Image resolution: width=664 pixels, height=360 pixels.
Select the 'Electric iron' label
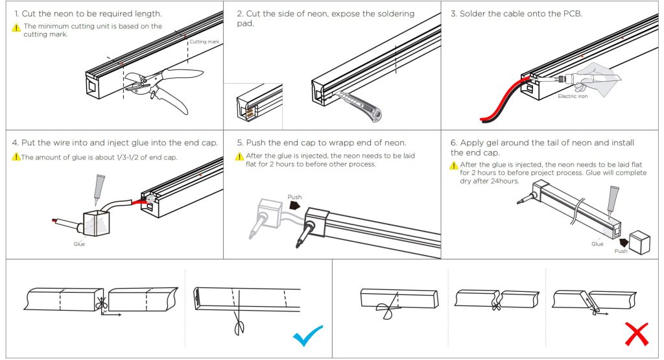[573, 97]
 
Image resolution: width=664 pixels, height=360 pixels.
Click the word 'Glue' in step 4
[79, 244]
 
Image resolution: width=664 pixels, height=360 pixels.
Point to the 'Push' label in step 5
[294, 197]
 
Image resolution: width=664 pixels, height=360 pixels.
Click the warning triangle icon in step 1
[16, 27]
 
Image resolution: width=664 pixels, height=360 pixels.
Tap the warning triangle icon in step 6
[454, 165]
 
